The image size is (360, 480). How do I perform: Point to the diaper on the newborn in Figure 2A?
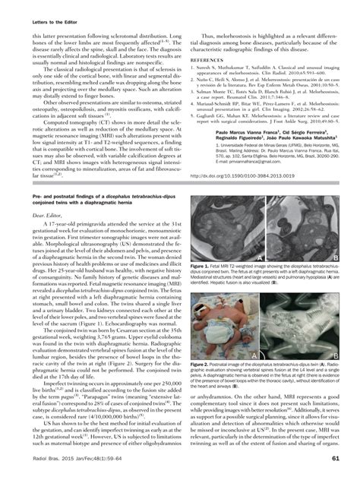coord(220,334)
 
